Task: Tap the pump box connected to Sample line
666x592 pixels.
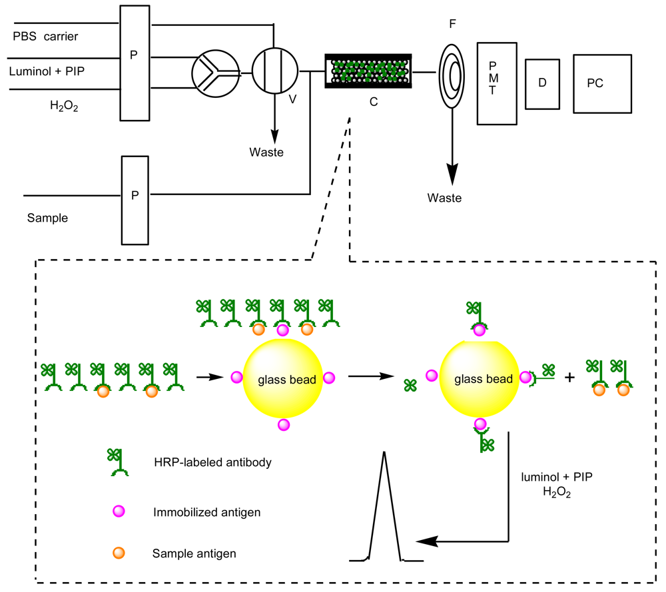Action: (x=135, y=200)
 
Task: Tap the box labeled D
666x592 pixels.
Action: (x=543, y=84)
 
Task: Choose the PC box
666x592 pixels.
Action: (x=602, y=84)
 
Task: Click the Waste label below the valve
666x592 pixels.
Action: (x=266, y=152)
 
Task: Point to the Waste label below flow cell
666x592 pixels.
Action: (x=444, y=198)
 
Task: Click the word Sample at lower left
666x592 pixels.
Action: (x=47, y=218)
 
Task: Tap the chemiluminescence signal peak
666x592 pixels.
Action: (x=384, y=506)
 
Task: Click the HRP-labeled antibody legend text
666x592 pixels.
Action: (x=212, y=463)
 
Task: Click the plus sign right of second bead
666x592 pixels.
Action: (x=569, y=377)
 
